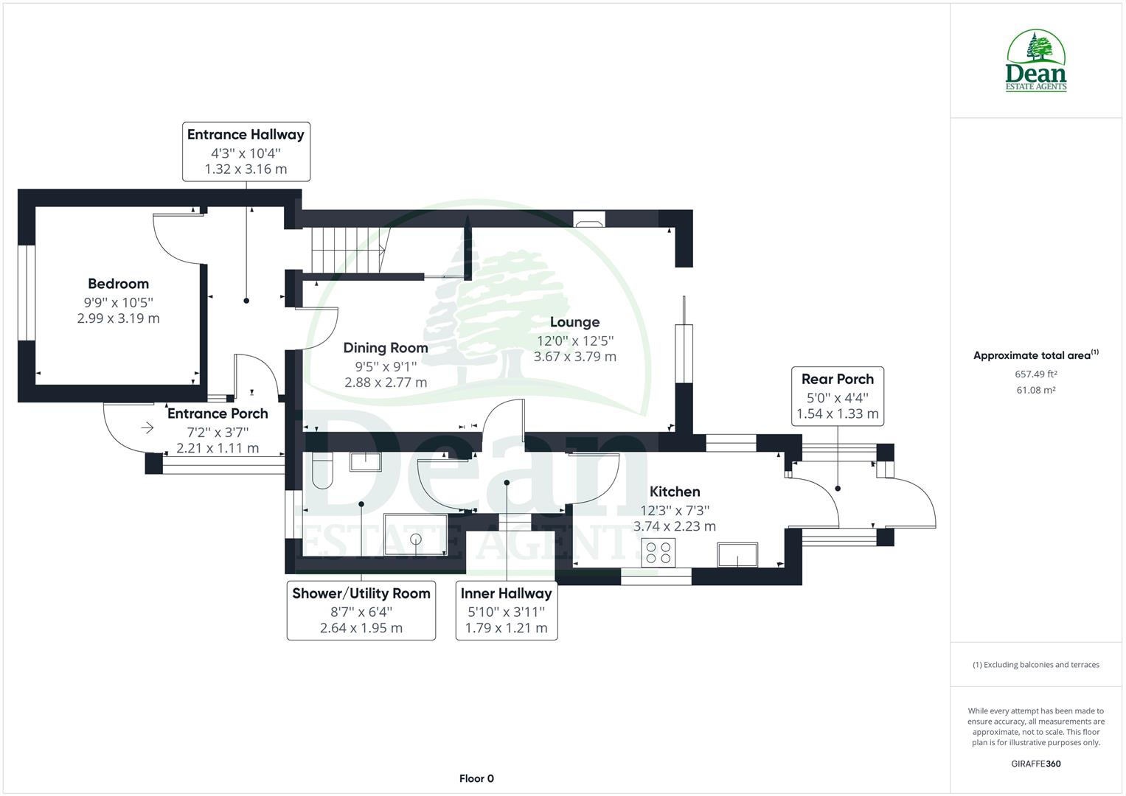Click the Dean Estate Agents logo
(x=1036, y=60)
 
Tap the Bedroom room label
(x=118, y=284)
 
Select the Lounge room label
(x=574, y=322)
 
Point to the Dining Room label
(x=386, y=348)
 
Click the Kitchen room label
(x=675, y=492)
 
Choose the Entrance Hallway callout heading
(x=246, y=134)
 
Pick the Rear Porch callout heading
(x=838, y=379)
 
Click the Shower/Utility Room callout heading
(x=361, y=593)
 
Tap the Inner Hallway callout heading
(x=506, y=593)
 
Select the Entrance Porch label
(x=218, y=413)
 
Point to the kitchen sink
(x=738, y=554)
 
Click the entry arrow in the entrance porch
(x=147, y=427)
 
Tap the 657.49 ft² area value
(x=1036, y=374)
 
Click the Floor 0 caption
(x=476, y=778)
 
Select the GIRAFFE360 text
(x=1035, y=764)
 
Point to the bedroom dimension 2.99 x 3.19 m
(x=118, y=318)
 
